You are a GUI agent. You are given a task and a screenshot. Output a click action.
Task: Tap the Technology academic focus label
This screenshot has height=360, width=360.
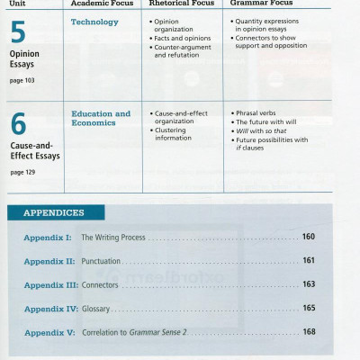tap(94, 22)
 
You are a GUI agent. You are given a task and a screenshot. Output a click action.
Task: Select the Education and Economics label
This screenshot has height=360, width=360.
tap(101, 118)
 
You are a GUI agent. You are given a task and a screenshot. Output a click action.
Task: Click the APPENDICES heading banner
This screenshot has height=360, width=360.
tap(54, 213)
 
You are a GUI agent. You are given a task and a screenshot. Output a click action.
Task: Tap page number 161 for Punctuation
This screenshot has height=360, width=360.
tap(309, 261)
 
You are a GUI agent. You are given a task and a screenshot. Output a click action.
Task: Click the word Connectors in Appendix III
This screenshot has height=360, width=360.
tap(100, 284)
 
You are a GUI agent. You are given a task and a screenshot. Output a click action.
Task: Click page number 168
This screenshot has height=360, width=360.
tap(309, 332)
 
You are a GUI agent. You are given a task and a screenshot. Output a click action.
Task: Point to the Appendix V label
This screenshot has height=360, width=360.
tap(49, 332)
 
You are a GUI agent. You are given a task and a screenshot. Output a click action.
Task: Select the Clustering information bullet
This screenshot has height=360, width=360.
tap(176, 134)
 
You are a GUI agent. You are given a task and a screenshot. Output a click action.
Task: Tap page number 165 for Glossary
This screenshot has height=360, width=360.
tap(309, 309)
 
